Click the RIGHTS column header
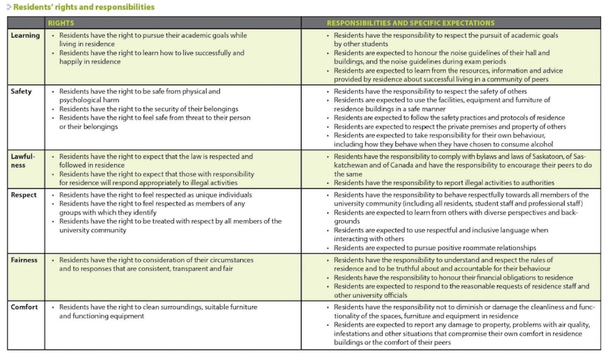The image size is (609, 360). [61, 23]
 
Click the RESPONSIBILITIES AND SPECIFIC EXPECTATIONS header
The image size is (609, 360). [411, 23]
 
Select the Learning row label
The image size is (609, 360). [25, 36]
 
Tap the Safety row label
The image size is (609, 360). [22, 92]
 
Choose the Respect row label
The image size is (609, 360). [24, 195]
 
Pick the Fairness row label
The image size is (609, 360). [25, 260]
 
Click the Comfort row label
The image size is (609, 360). [25, 307]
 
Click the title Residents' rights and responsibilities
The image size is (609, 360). [84, 7]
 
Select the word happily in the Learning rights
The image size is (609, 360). [72, 61]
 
